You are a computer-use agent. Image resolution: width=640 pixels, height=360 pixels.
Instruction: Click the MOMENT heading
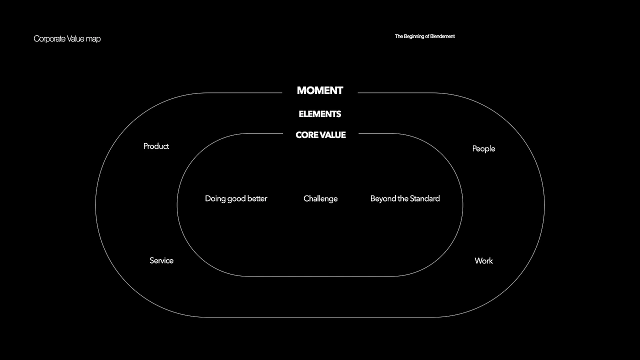[320, 90]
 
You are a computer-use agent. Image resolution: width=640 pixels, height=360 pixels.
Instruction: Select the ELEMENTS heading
[320, 114]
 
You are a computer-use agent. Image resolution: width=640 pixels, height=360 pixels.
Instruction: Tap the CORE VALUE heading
[320, 135]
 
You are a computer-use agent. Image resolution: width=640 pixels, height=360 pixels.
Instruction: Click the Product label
[156, 146]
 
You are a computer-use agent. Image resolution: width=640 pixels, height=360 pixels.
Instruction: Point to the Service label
[161, 260]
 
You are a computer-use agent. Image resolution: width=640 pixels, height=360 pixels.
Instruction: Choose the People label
[483, 148]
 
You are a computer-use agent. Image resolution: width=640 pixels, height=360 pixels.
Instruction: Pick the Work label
[483, 260]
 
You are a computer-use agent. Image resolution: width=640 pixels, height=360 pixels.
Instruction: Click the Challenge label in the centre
[320, 198]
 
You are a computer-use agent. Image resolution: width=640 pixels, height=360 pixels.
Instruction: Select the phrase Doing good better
[236, 198]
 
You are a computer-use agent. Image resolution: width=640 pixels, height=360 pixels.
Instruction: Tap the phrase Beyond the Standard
[405, 198]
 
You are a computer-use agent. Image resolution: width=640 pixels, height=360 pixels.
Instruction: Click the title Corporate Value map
[67, 38]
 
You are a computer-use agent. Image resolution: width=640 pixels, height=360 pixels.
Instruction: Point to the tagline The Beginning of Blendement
[424, 36]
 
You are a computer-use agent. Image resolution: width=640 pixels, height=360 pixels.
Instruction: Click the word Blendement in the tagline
[442, 36]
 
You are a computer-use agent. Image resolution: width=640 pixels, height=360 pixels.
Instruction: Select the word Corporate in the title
[49, 38]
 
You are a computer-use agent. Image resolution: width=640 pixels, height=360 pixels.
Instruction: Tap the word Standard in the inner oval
[424, 198]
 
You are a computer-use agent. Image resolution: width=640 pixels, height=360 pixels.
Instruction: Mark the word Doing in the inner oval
[215, 198]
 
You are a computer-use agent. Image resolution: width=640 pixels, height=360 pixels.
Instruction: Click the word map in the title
[93, 38]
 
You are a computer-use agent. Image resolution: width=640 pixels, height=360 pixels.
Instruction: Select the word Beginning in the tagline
[414, 36]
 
